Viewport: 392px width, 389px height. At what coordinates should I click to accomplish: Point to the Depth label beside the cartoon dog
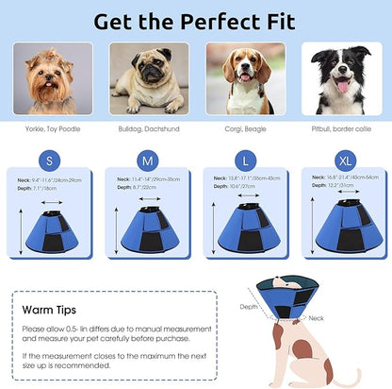click(249, 307)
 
